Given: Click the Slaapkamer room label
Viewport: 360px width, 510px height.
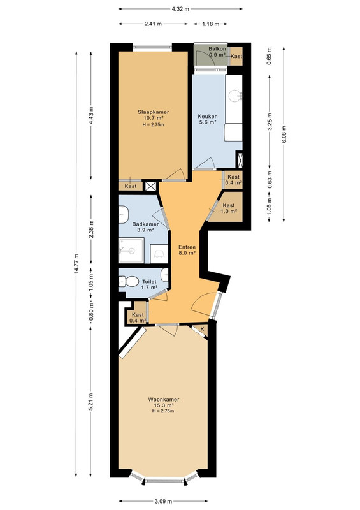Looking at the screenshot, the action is point(154,112).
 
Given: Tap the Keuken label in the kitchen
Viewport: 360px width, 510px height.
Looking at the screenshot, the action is point(208,116).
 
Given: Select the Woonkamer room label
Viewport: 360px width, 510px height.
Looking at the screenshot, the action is point(164,400).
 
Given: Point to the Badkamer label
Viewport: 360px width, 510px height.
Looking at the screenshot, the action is point(145,224).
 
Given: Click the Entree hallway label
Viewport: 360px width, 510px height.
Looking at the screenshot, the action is point(187,247).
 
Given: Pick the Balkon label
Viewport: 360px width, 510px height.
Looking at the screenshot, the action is point(217,49).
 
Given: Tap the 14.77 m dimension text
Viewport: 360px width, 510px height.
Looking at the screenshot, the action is point(76,263).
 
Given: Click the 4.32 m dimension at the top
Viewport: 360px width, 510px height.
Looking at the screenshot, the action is point(180,9).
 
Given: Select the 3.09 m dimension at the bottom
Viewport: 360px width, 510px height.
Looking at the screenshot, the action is point(163,501).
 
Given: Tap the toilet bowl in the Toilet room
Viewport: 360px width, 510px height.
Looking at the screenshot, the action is point(130,281).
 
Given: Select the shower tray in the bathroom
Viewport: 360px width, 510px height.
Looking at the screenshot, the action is point(131,251).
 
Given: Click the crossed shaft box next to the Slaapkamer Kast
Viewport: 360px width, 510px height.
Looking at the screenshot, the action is point(150,186).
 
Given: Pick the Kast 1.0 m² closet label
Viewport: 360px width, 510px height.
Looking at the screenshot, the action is point(229,208).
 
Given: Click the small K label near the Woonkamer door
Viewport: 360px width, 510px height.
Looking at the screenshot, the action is point(202,329).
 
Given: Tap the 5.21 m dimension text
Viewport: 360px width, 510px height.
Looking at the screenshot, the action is point(91,402).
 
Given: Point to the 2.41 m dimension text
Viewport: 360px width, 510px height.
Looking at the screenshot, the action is point(153,24).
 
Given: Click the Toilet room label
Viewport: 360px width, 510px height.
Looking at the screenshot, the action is point(149,282).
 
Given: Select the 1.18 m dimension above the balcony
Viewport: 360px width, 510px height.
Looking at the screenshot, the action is point(210,24).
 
